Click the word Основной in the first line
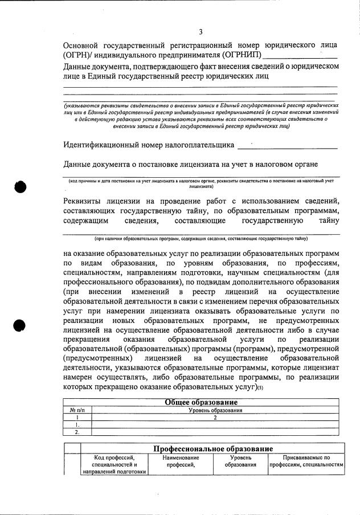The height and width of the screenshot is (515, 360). click(x=83, y=45)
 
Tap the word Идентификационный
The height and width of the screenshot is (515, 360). click(x=106, y=145)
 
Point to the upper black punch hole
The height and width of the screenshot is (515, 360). click(x=21, y=186)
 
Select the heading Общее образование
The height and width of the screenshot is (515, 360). click(x=201, y=402)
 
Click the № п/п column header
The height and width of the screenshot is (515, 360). click(x=77, y=410)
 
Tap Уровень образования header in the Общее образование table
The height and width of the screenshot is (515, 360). click(x=215, y=410)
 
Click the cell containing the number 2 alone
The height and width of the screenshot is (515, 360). click(x=215, y=418)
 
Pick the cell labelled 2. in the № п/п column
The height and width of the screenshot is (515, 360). click(x=77, y=432)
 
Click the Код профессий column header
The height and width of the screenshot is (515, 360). click(x=114, y=464)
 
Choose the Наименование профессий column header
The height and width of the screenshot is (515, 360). click(x=181, y=461)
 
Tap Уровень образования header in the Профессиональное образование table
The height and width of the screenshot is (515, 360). click(x=240, y=461)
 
